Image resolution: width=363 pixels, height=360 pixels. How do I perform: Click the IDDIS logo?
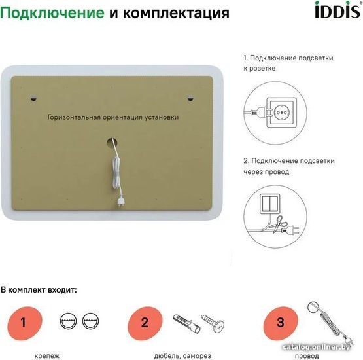pos(338,10)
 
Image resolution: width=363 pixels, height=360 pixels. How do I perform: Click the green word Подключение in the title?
pos(52,13)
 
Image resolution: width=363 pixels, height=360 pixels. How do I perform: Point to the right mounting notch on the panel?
pos(190,98)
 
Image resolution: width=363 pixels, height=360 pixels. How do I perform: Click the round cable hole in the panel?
pos(112,143)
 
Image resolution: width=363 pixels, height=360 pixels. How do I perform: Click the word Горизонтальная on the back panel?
pos(74,117)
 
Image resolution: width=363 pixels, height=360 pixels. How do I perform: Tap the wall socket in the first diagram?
pos(281,113)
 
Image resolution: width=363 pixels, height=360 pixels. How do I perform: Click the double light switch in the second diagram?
pos(270,204)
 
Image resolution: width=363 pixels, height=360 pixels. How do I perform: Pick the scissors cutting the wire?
pos(279,224)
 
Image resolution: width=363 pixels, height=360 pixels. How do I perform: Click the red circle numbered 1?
pos(25,323)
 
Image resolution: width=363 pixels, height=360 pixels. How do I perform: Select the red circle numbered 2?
pos(145,323)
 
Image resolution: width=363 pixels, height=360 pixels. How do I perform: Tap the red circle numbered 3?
pos(281,323)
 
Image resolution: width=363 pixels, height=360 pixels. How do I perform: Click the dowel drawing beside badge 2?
pos(187,323)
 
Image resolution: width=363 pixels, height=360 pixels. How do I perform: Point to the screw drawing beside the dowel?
pos(213,323)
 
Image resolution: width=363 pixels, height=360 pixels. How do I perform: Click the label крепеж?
pos(46,356)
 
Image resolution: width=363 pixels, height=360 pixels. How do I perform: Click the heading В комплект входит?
pos(39,289)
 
